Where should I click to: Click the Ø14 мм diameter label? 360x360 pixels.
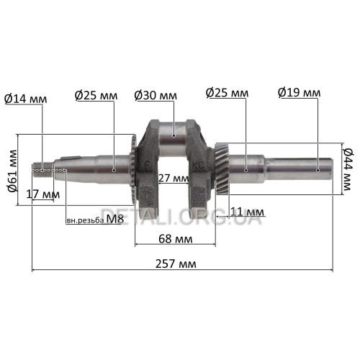[25, 99]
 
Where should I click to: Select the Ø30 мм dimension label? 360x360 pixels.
[156, 95]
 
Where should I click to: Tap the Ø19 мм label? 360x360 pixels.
[299, 93]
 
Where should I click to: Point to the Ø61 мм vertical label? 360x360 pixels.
[13, 171]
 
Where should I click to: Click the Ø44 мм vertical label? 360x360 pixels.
[347, 169]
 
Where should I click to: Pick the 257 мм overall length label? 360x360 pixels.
[176, 264]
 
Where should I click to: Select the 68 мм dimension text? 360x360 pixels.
[176, 239]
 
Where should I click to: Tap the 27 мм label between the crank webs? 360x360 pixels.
[174, 178]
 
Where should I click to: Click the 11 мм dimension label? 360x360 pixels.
[247, 212]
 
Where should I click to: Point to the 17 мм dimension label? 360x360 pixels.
[43, 194]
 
